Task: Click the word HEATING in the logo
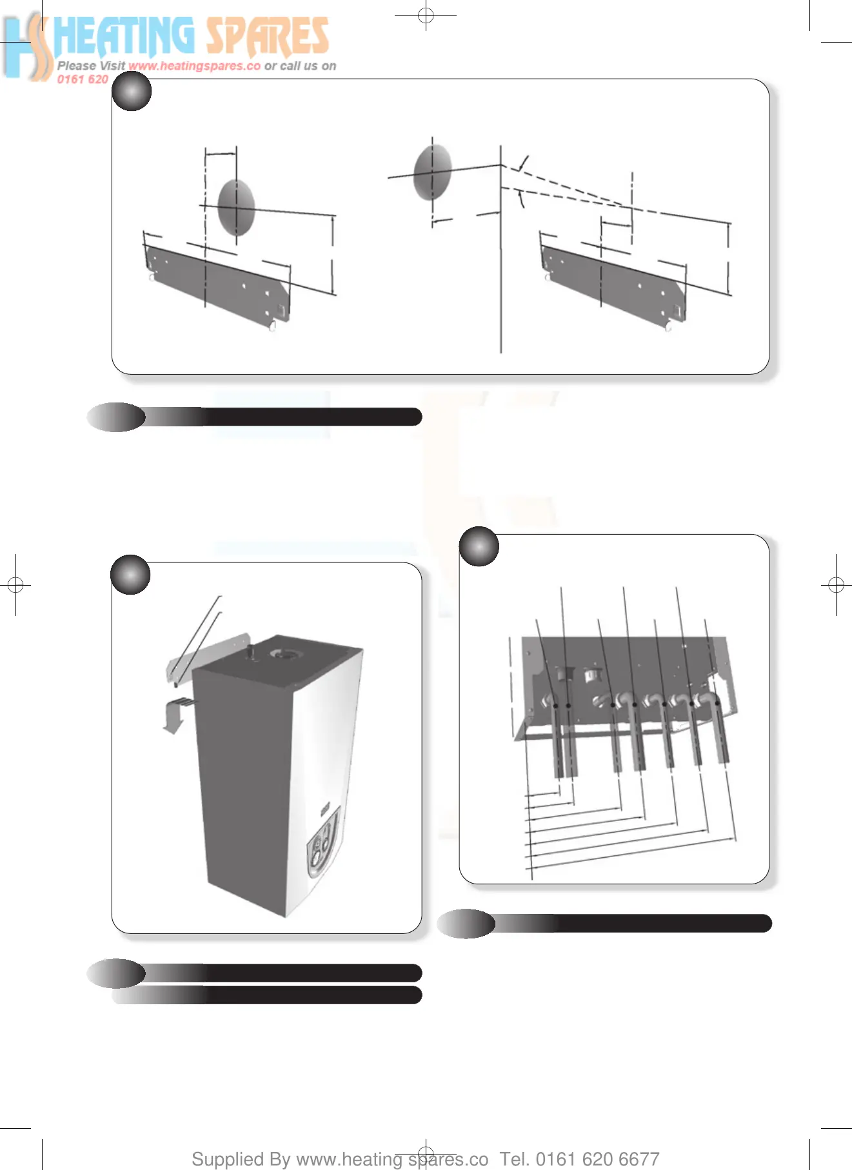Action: click(124, 36)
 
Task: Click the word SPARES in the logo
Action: click(268, 37)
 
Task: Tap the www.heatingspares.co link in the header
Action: click(194, 66)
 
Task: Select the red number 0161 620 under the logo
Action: click(83, 79)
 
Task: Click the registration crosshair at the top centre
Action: click(426, 15)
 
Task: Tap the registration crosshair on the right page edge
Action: click(836, 585)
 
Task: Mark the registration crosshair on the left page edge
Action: click(15, 585)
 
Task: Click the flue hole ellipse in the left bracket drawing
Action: click(236, 208)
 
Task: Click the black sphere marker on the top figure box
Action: click(132, 91)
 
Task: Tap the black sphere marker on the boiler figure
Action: click(130, 574)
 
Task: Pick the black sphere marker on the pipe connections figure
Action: click(479, 546)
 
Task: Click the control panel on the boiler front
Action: click(322, 844)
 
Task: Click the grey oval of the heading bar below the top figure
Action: click(116, 417)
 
